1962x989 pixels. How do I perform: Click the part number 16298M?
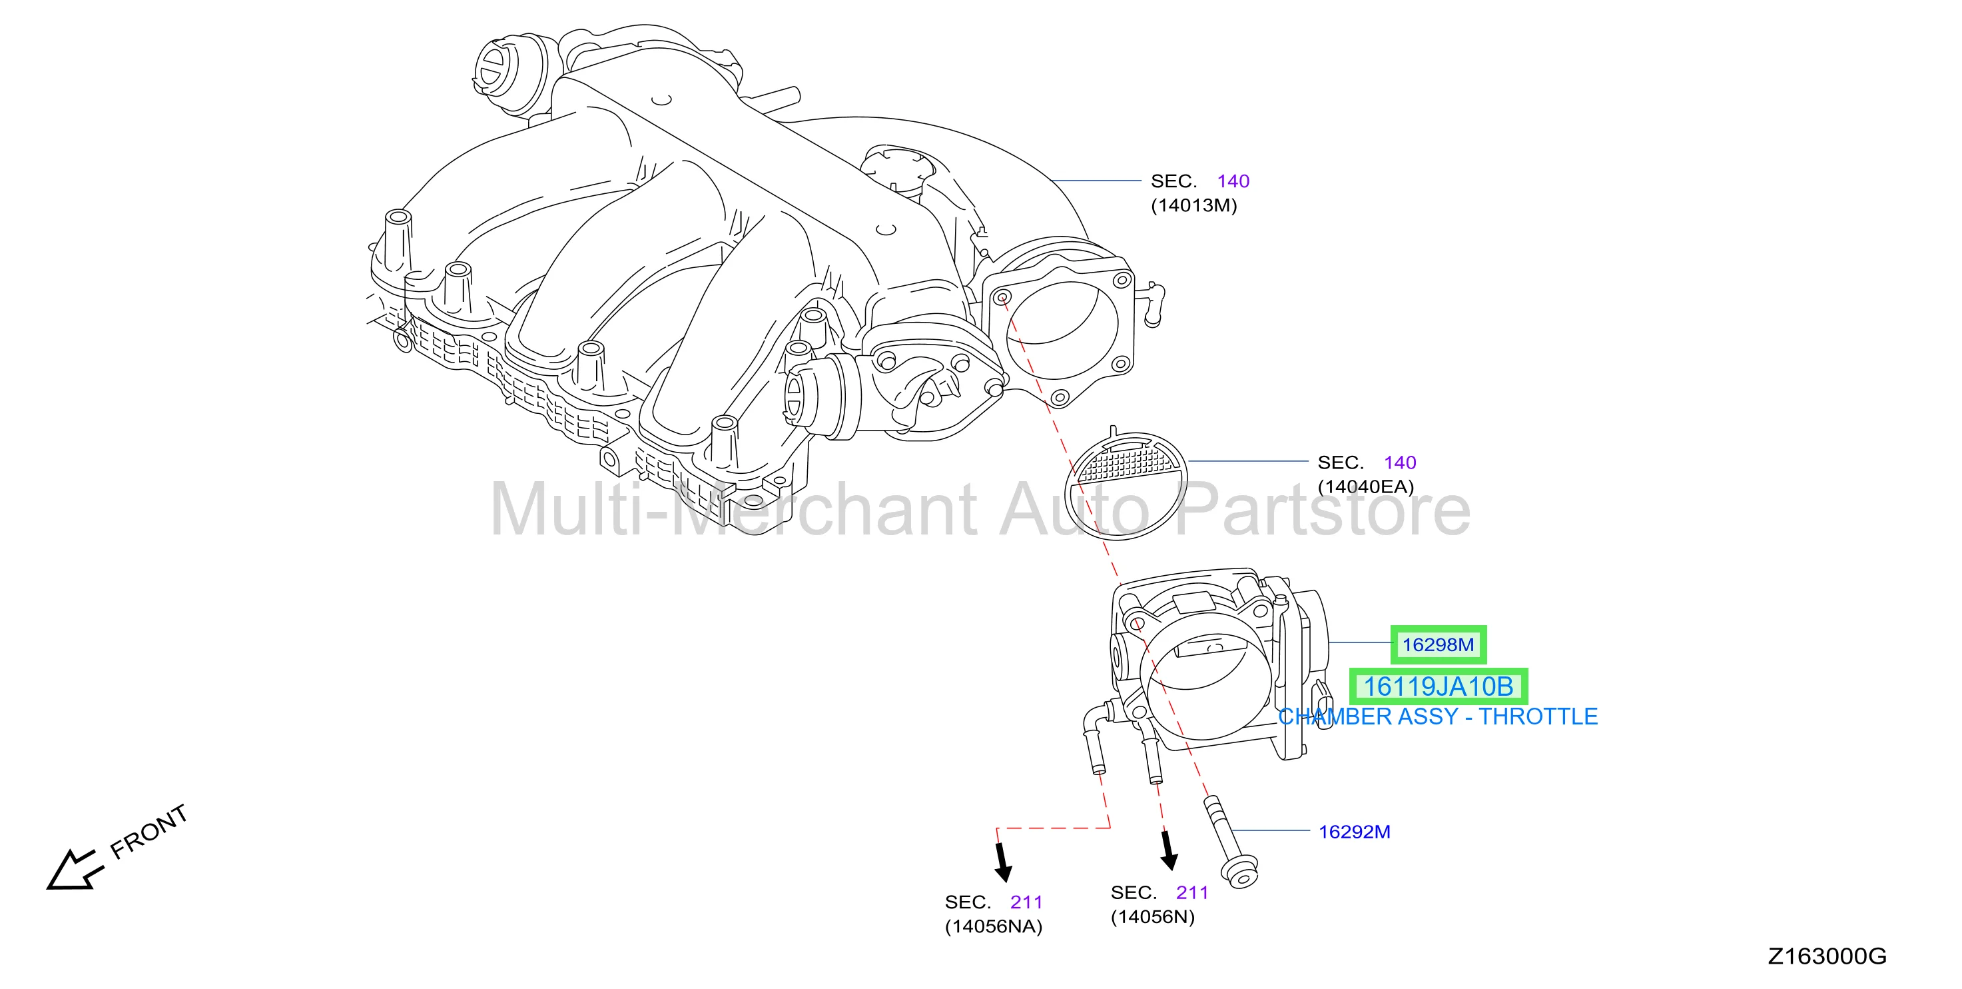1438,644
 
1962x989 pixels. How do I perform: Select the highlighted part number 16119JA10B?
1438,686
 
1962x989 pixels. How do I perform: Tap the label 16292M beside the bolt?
1354,831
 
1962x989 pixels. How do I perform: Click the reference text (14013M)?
1193,206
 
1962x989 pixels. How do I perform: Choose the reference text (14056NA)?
993,926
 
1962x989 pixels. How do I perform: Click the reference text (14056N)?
1152,916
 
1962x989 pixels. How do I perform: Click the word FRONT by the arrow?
149,831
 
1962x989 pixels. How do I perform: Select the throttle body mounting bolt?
1230,842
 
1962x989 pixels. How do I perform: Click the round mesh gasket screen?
1126,486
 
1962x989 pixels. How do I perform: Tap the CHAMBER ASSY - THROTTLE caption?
1438,716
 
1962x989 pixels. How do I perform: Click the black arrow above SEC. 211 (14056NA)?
1003,862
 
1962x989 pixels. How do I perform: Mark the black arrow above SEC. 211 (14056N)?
1168,850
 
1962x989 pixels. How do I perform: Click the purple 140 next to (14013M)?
1233,181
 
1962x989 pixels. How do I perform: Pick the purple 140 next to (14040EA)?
1400,463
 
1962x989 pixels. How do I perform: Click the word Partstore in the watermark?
1323,509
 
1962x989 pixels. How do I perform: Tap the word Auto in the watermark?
1074,509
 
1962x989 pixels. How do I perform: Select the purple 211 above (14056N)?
1192,892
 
